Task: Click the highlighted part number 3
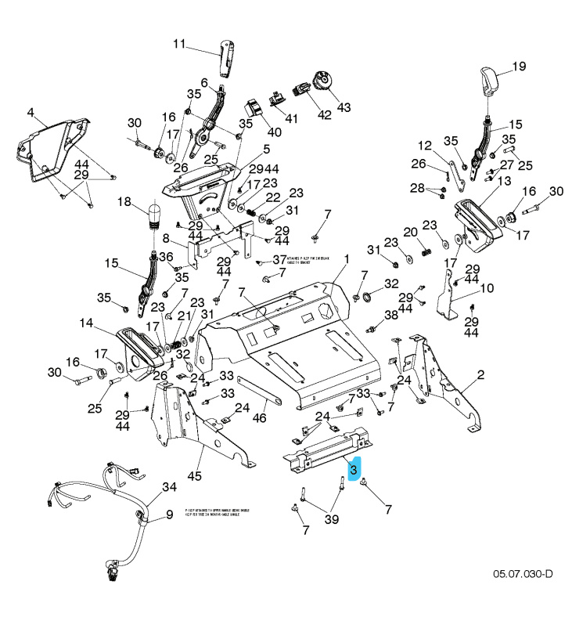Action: coord(354,470)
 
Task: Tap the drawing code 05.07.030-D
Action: coord(523,574)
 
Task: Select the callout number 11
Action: coord(180,44)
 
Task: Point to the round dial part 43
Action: coord(321,81)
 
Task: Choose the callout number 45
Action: coord(194,475)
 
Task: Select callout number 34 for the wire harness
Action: coord(169,487)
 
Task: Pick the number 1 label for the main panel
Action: coord(347,258)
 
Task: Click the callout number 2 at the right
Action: coord(480,374)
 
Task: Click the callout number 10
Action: coord(487,288)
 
